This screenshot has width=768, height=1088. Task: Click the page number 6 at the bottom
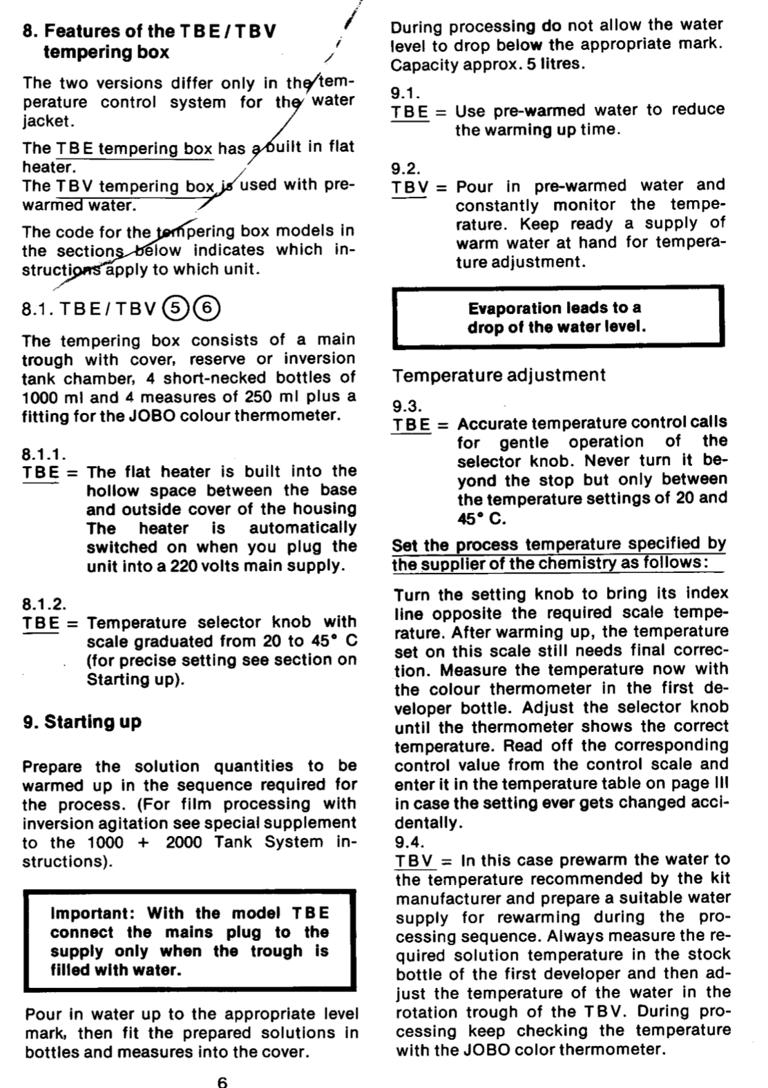tap(222, 1082)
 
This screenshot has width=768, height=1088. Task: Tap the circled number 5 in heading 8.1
tap(175, 308)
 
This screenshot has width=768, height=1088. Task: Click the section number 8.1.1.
tap(44, 454)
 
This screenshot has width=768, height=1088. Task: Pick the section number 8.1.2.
tap(44, 604)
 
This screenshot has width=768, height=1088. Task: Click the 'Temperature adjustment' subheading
tap(499, 376)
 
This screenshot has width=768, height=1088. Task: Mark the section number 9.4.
tap(410, 842)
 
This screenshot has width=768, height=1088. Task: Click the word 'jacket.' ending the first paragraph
tap(47, 122)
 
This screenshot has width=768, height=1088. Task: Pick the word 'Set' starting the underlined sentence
tap(406, 545)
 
